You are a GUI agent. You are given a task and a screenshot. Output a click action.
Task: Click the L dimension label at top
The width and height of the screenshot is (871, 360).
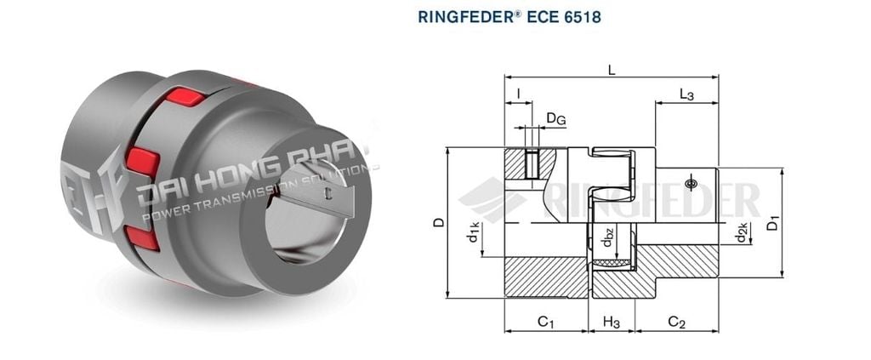pos(612,70)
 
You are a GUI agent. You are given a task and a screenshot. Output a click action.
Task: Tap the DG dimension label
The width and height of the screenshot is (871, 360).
pos(555,119)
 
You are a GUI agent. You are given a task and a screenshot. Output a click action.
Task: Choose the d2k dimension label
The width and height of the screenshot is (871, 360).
pos(742,231)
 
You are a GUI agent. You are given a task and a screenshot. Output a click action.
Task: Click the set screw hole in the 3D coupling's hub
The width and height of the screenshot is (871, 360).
pos(328,193)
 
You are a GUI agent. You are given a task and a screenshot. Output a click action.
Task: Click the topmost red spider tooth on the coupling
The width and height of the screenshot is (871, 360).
pos(185,96)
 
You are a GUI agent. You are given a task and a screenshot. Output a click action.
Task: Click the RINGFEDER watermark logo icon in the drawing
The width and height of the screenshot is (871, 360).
pos(492,199)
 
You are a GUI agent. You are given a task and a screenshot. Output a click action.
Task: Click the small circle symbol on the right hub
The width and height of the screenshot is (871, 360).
pos(690,182)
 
